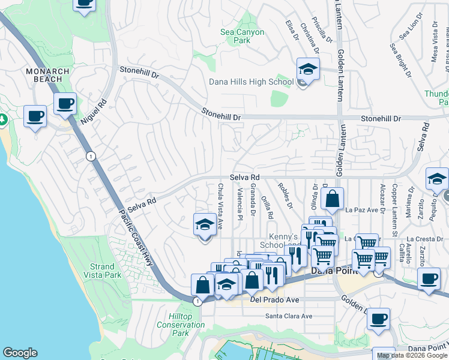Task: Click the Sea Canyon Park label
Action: pyautogui.click(x=243, y=36)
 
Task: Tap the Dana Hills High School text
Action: pyautogui.click(x=251, y=82)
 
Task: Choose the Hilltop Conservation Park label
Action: pyautogui.click(x=181, y=325)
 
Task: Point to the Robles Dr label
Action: pyautogui.click(x=285, y=196)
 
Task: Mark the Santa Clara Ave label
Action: pyautogui.click(x=289, y=316)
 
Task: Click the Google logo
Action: pyautogui.click(x=20, y=353)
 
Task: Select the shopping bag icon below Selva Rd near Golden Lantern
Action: pyautogui.click(x=332, y=199)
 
